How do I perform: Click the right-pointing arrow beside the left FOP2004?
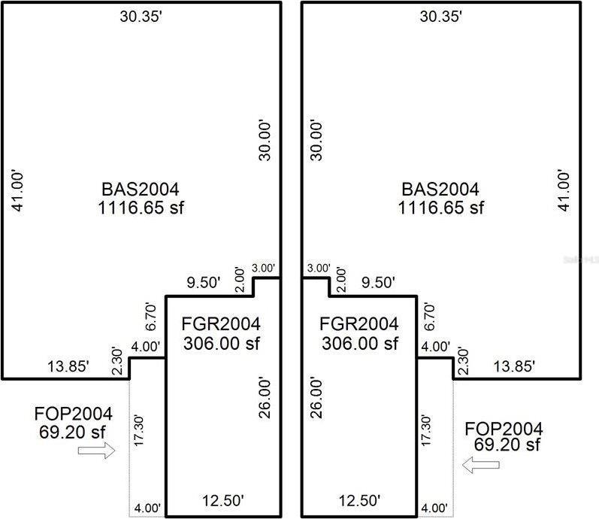(96, 450)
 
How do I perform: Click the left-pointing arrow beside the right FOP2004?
(480, 465)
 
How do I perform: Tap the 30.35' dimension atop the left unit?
(141, 17)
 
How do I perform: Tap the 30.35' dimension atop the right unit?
(441, 17)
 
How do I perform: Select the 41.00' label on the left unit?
(17, 190)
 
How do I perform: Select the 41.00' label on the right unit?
(564, 190)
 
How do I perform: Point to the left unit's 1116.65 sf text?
(141, 208)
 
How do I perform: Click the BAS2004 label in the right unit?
(440, 190)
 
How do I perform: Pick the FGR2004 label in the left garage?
(221, 324)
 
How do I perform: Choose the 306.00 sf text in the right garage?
(360, 343)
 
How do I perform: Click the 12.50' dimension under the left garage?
(223, 500)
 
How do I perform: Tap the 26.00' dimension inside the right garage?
(316, 398)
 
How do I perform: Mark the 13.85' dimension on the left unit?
(68, 366)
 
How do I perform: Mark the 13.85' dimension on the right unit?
(514, 366)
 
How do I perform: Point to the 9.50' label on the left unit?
(204, 283)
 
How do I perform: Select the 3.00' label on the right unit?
(319, 268)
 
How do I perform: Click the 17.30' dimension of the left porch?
(138, 430)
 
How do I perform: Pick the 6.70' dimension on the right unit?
(429, 317)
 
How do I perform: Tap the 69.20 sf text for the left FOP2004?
(72, 432)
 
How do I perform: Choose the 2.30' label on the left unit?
(117, 361)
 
